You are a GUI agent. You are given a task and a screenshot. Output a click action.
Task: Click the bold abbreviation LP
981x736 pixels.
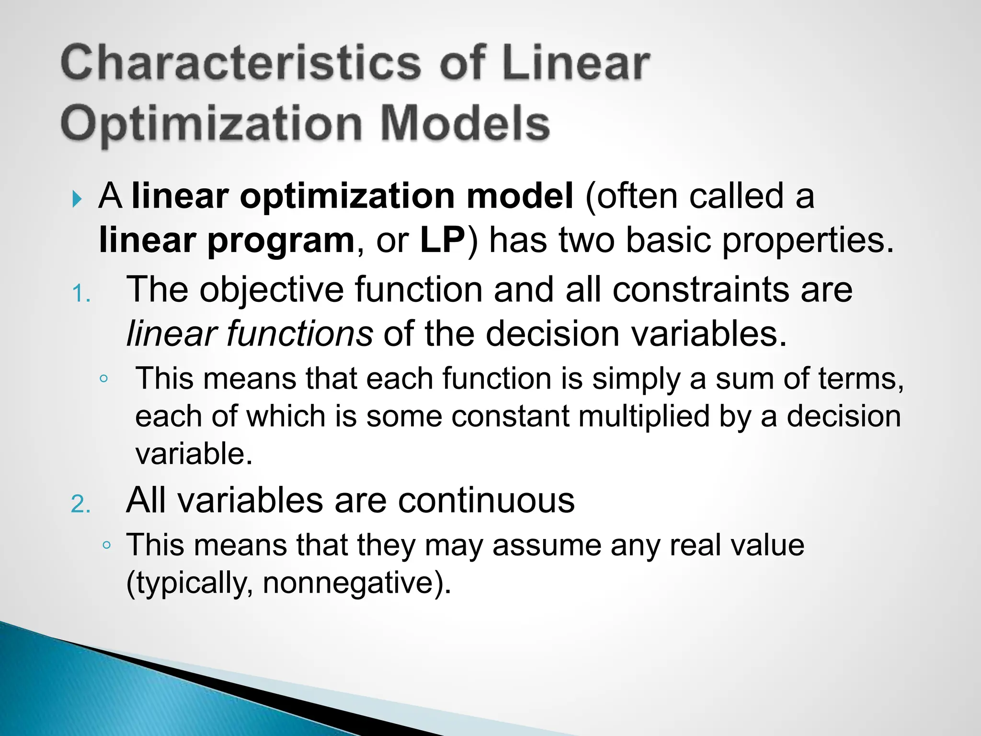pyautogui.click(x=442, y=240)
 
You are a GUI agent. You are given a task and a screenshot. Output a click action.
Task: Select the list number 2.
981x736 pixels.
pyautogui.click(x=80, y=505)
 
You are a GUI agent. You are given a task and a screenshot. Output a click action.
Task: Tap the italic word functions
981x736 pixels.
pyautogui.click(x=299, y=333)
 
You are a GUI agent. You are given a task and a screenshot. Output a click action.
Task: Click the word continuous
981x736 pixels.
pyautogui.click(x=486, y=500)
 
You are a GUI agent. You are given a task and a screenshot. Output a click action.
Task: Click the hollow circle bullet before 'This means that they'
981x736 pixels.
pyautogui.click(x=106, y=545)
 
